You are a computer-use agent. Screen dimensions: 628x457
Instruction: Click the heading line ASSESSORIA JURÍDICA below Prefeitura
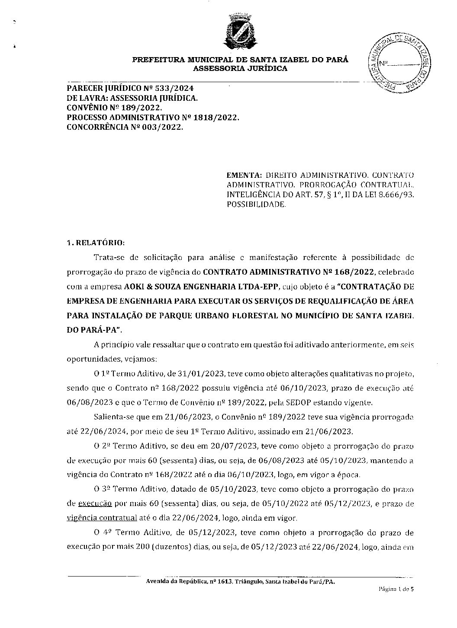(x=240, y=69)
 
